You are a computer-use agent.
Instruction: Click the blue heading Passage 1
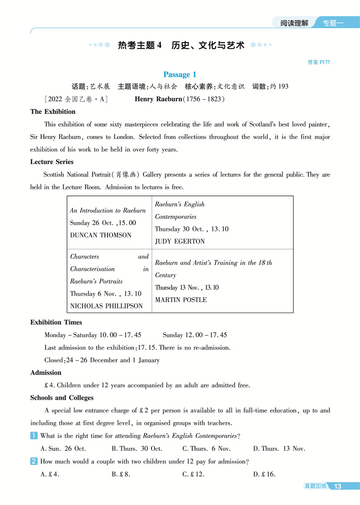pos(180,74)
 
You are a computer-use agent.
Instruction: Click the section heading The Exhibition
pos(53,112)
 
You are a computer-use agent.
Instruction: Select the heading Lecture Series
pos(52,162)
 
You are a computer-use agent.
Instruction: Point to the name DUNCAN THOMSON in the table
pos(100,235)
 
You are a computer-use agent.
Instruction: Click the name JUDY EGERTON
pos(180,242)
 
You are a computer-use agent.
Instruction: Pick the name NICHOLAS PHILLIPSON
pos(106,306)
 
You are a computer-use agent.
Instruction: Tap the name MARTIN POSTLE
pos(181,300)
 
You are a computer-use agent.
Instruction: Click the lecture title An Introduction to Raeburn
pos(108,211)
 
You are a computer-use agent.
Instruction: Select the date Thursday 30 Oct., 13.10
pos(191,229)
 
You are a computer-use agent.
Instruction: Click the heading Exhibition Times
pos(56,322)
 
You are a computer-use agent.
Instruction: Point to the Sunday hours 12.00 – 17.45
pos(195,335)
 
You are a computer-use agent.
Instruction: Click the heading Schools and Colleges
pos(62,398)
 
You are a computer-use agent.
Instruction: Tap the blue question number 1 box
pos(34,436)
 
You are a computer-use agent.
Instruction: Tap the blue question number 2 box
pos(34,462)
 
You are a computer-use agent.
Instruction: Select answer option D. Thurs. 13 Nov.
pos(279,448)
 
